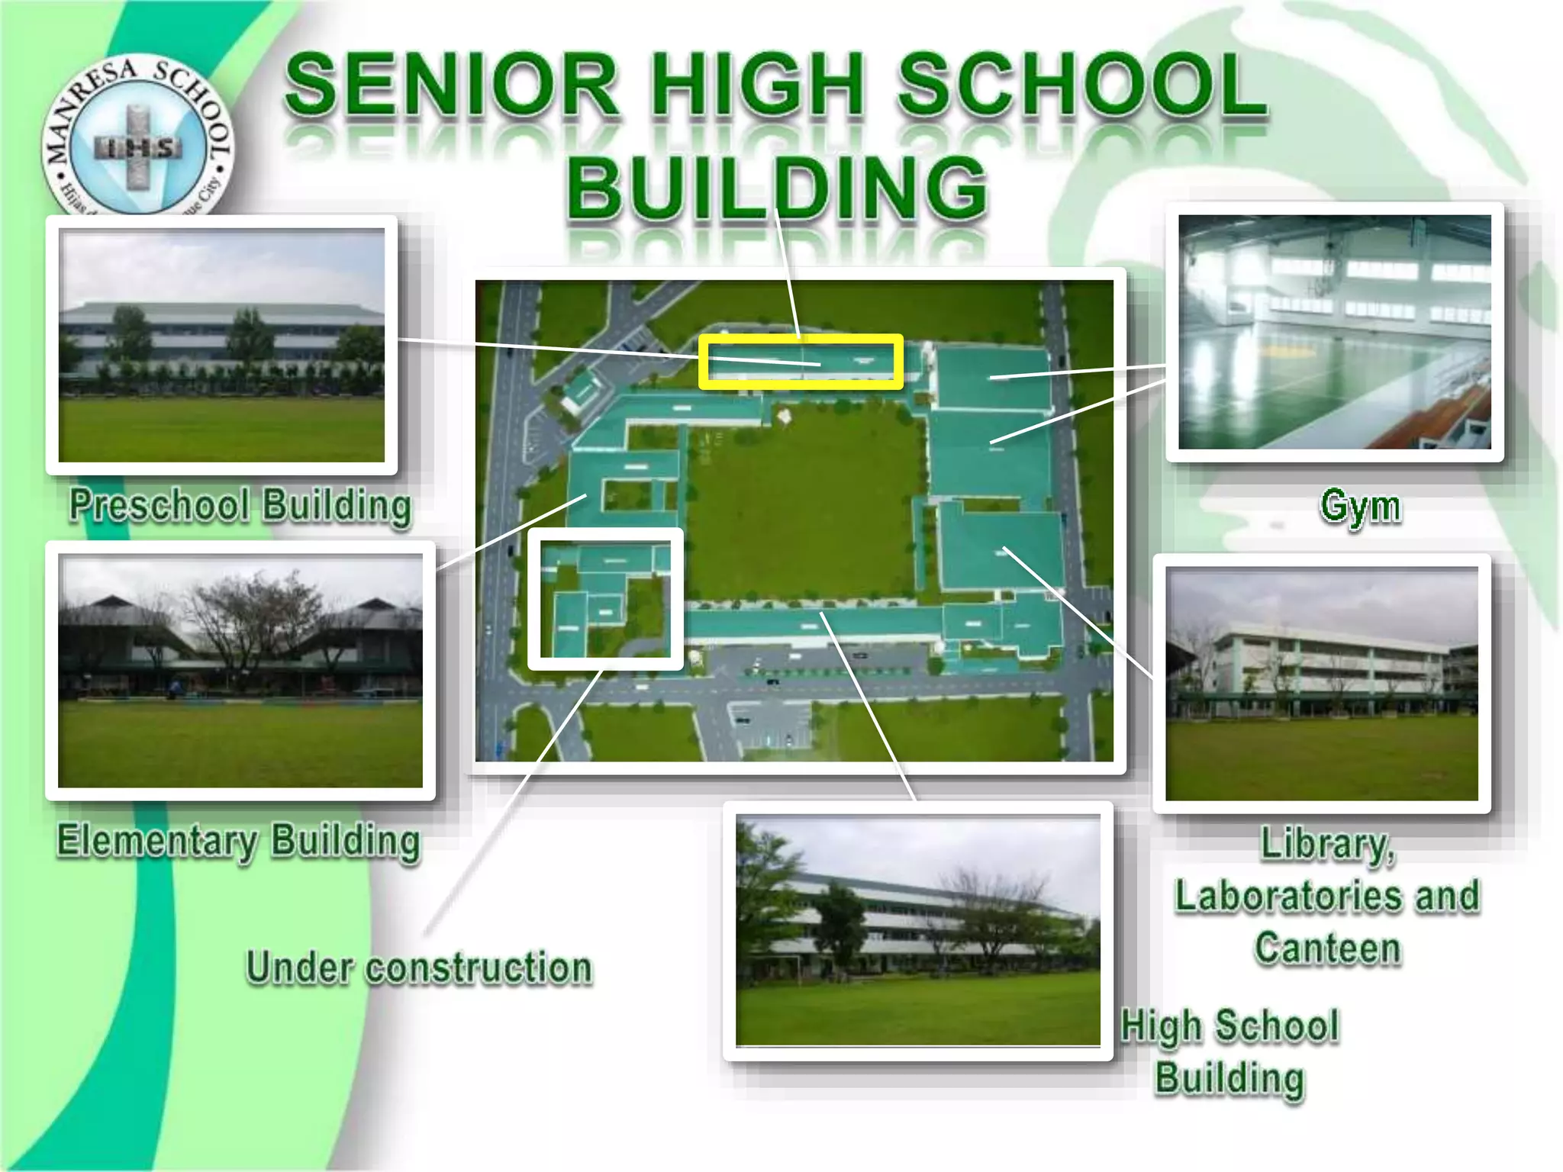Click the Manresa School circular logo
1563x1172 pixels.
pos(138,137)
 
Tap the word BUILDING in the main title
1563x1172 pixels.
pos(777,188)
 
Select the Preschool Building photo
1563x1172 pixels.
pos(222,345)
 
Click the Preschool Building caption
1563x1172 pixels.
pos(240,505)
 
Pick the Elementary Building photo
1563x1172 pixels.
pos(240,671)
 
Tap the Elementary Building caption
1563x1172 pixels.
pos(239,841)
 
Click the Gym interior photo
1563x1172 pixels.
pos(1334,332)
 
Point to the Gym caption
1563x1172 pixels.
pos(1360,506)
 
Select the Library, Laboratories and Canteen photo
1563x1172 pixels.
pos(1321,684)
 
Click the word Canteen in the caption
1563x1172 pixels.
pos(1327,948)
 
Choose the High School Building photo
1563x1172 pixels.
pos(917,931)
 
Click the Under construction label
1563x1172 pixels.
pos(419,968)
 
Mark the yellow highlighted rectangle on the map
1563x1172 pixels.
pos(801,362)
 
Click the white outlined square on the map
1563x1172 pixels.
pos(605,599)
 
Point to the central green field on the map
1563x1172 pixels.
pos(801,504)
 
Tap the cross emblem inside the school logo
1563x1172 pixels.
pos(137,147)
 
